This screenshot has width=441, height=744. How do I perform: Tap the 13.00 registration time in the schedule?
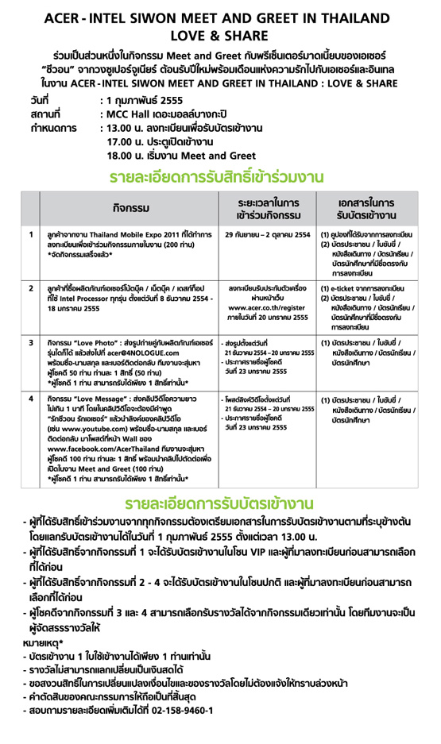124,127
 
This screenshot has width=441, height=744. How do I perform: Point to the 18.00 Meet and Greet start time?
124,155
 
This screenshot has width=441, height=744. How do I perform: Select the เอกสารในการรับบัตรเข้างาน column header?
366,207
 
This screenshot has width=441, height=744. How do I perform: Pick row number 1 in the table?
30,235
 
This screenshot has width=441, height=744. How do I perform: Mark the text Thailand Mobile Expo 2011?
122,235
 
